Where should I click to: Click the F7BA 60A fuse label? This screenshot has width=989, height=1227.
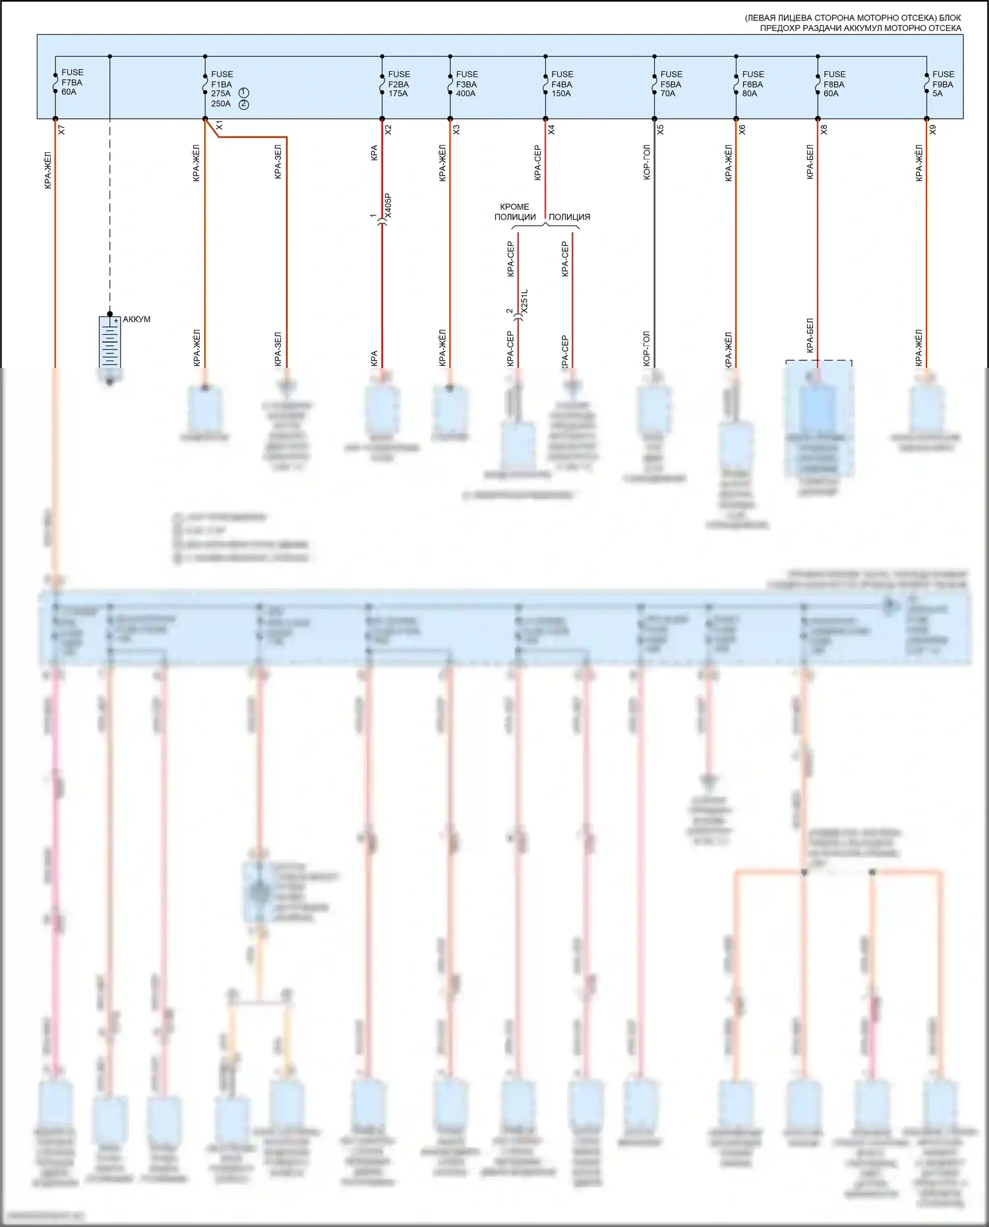(71, 82)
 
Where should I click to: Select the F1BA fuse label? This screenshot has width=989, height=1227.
(222, 84)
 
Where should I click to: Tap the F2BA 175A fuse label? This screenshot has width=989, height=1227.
(399, 84)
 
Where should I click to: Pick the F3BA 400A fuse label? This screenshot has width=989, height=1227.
(467, 84)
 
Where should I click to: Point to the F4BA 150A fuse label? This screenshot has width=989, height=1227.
(562, 84)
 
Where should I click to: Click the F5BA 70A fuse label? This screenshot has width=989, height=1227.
(671, 84)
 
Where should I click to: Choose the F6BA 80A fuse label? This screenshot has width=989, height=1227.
(753, 84)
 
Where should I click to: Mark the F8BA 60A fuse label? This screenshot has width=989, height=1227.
(834, 84)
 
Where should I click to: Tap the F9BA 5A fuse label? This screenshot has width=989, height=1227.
(943, 84)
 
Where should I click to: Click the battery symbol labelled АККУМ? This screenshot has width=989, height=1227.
(110, 342)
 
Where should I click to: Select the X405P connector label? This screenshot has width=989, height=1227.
(388, 206)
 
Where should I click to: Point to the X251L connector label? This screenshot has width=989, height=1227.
(524, 301)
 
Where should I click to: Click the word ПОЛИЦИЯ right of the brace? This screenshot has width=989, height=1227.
(569, 217)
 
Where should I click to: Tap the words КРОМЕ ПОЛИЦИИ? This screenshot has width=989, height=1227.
(515, 212)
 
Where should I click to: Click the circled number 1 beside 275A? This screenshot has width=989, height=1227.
(244, 93)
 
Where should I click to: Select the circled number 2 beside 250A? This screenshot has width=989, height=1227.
(244, 104)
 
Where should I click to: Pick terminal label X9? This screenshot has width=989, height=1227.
(933, 130)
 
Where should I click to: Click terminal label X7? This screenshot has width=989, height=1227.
(61, 130)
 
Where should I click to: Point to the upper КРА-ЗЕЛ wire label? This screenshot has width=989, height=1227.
(278, 162)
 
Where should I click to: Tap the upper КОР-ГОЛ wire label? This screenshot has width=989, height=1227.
(647, 162)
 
